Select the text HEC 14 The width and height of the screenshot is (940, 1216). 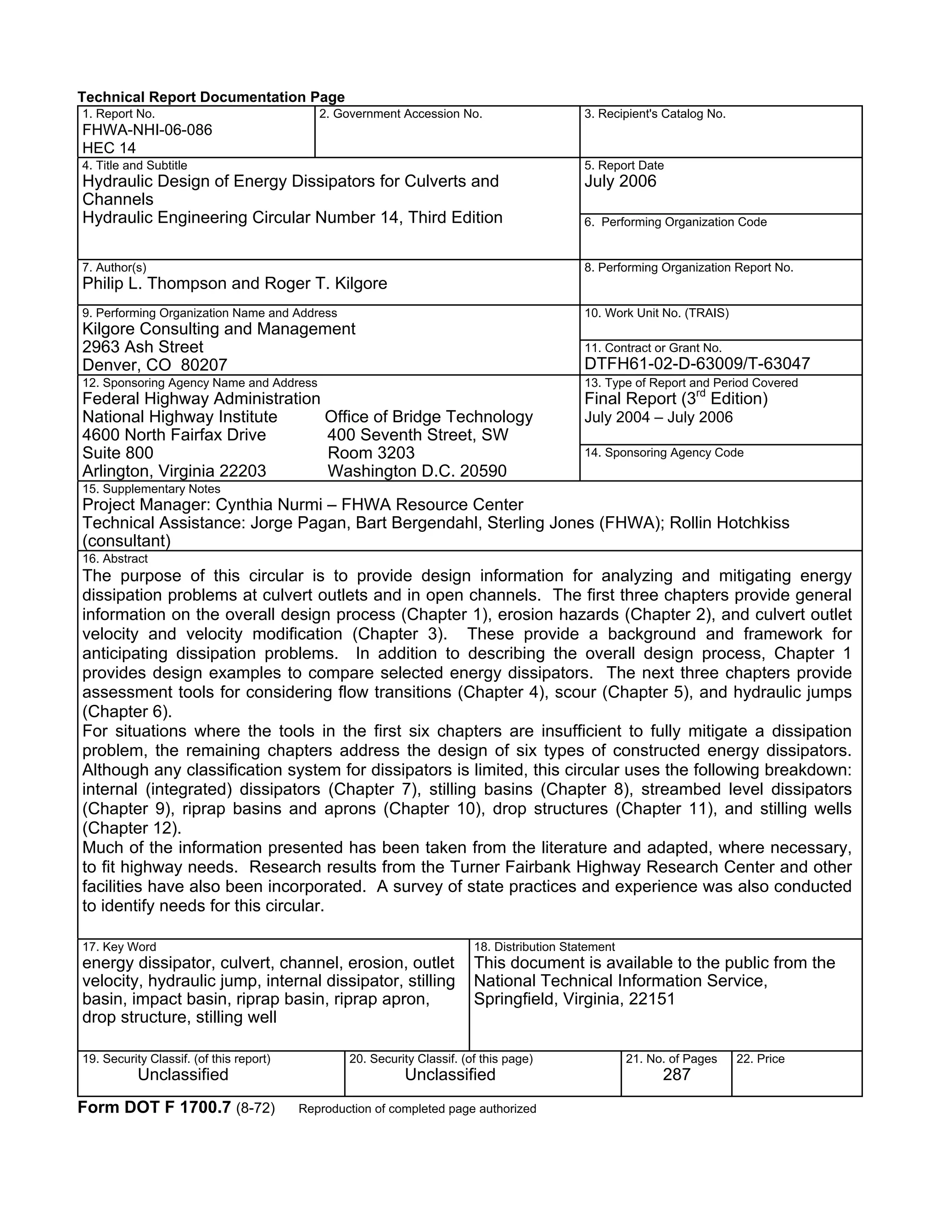(x=109, y=148)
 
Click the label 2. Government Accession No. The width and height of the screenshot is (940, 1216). (x=400, y=114)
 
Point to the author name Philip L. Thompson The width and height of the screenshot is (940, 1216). (x=155, y=284)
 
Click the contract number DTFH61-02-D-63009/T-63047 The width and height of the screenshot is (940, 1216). (x=697, y=364)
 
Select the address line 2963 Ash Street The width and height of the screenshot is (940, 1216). (x=143, y=347)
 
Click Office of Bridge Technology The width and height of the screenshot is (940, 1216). (x=428, y=417)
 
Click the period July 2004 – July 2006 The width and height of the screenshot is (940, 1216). (x=658, y=418)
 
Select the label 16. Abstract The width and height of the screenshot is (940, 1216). (x=115, y=559)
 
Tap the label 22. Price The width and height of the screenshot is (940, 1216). (x=760, y=1059)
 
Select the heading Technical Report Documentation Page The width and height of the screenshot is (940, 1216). (x=211, y=97)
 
